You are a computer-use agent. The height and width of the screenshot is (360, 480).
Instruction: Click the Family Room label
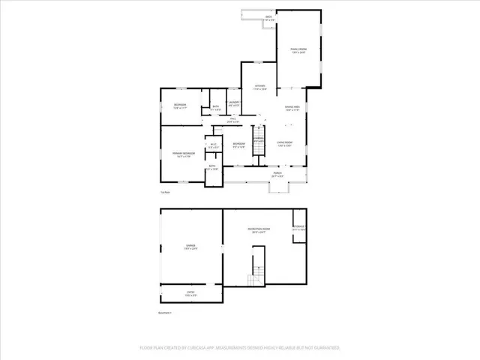298,50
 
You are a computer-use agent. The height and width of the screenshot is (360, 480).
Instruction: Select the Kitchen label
260,87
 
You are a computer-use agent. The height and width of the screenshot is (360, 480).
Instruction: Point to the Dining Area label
292,108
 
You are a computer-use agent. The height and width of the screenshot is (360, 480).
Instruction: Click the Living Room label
284,143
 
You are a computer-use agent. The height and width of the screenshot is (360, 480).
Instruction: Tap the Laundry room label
234,103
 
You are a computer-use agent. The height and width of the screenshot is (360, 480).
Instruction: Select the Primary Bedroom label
184,154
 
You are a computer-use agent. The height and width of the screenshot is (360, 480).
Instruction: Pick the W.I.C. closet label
213,145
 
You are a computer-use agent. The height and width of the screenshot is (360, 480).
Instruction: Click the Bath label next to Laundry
215,108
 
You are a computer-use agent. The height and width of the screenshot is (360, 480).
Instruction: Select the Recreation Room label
259,230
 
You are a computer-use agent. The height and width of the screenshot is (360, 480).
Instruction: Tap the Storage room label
298,227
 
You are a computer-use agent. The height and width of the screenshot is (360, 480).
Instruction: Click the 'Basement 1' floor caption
165,312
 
